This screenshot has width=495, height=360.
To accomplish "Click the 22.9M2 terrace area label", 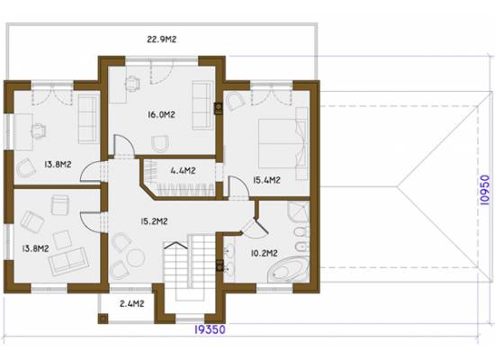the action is coord(161,40).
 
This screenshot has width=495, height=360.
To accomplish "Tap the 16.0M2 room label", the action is coord(161,114).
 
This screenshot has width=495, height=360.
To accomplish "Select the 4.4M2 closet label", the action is coord(183,171).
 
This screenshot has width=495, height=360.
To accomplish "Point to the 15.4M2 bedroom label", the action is coord(266,180).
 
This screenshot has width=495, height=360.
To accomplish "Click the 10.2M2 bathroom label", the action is coord(265,253).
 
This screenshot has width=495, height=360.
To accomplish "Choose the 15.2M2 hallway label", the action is coord(154,221).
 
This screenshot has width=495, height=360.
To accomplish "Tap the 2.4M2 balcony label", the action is coord(132,304).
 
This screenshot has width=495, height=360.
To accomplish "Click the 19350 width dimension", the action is coord(210,329).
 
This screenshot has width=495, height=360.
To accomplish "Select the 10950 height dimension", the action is coord(484,190).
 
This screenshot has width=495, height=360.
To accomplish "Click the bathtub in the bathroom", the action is coord(288,270).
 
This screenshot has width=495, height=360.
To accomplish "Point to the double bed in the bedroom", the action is coord(283,143).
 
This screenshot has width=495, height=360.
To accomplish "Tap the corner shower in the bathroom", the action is coord(298,212).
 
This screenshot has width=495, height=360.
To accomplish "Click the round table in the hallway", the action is coord(135,257).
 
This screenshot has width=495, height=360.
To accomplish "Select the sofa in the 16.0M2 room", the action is coord(202,105).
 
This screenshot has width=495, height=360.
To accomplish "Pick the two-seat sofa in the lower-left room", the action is coord(68,261).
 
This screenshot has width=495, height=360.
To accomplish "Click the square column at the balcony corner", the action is coord(103,319).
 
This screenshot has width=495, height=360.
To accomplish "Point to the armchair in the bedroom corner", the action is coord(236,101).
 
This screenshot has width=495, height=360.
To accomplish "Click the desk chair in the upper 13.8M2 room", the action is coord(39,130).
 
